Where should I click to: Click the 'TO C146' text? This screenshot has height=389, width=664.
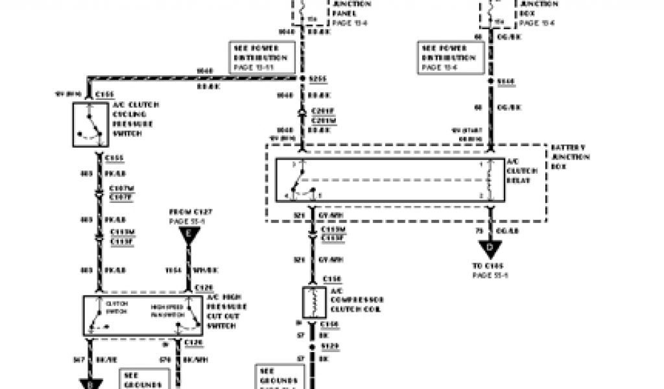[490, 266]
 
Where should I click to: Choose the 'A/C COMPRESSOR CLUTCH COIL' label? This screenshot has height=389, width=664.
[357, 300]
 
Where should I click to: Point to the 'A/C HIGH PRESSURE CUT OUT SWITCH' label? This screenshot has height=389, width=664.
[228, 311]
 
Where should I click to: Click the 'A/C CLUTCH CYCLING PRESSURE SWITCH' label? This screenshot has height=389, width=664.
[135, 119]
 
